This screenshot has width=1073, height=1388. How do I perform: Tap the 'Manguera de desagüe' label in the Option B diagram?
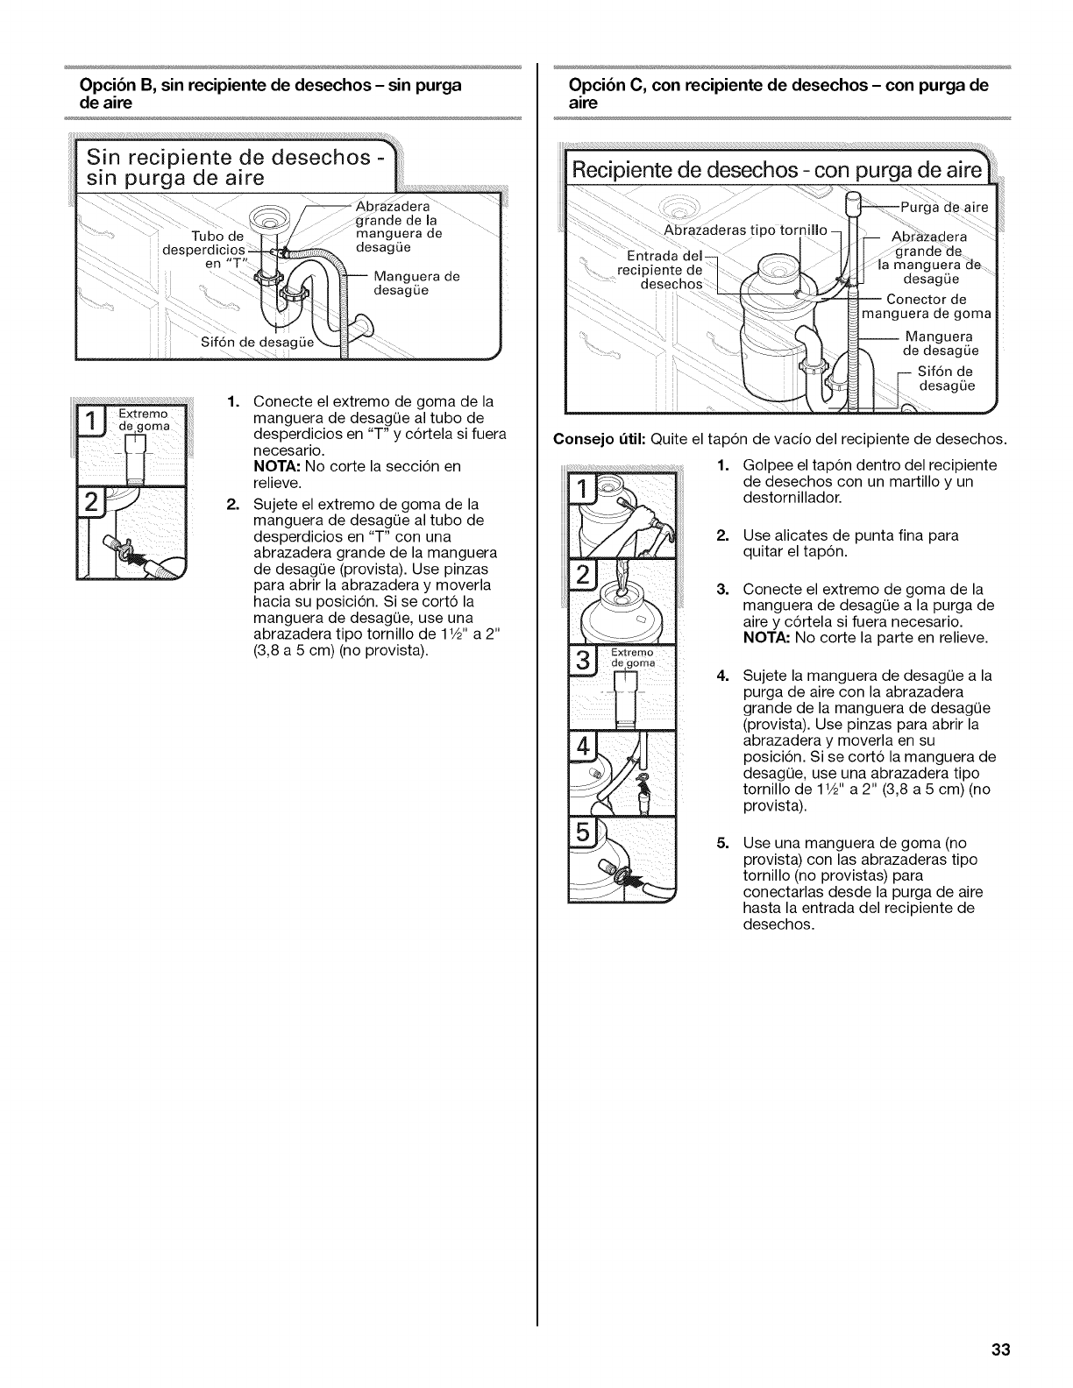[x=416, y=283]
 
